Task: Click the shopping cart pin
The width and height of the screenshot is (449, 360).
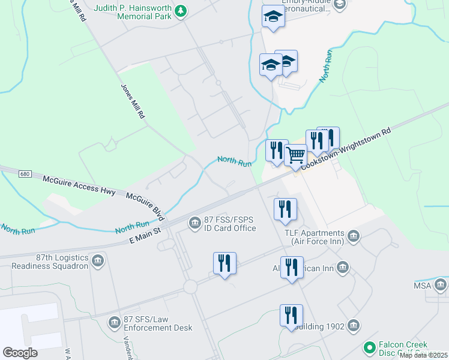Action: coord(295,155)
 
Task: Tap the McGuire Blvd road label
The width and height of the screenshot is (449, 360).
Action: coord(145,205)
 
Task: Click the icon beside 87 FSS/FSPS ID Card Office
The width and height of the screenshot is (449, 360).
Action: coord(194,223)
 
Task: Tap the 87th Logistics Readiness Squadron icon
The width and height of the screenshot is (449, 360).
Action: coord(98,261)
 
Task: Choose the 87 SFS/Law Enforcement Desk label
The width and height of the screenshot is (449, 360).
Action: coord(158,323)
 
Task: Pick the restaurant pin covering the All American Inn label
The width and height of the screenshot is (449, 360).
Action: coord(292,268)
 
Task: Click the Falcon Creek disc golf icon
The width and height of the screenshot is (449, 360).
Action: coord(370,347)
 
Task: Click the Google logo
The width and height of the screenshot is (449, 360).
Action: coord(20,352)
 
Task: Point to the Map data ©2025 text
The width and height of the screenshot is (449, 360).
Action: coord(423,355)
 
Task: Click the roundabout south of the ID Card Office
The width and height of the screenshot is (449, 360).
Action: coord(191,287)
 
